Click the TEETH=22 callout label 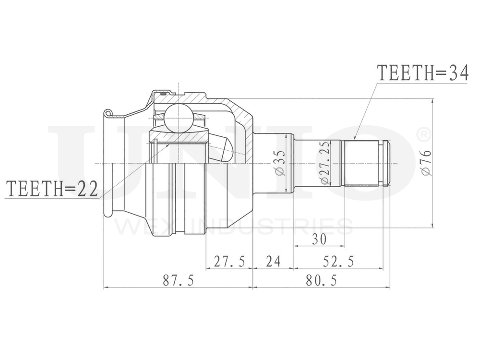pos(51,189)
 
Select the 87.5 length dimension pos(178,280)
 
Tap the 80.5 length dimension pos(321,280)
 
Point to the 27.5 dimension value pos(229,262)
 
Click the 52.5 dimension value pos(338,262)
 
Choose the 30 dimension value pos(319,239)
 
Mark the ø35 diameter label pos(281,163)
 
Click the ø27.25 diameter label pos(324,163)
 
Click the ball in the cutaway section pos(179,118)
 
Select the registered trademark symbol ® pos(423,135)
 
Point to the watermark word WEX pos(140,226)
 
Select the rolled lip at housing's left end pos(108,114)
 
